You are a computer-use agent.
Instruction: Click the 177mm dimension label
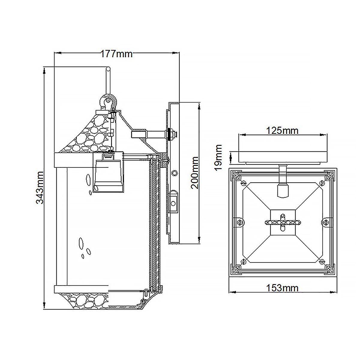pos(116,54)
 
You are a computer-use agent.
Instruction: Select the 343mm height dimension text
pos(40,187)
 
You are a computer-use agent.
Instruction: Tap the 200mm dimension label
pos(195,172)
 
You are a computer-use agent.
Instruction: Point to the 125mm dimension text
pos(282,130)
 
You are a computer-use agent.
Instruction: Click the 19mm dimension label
pos(219,157)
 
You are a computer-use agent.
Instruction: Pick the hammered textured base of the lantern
pos(87,300)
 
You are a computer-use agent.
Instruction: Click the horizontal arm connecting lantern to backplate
pos(148,134)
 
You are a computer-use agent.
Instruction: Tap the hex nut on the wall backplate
pos(172,134)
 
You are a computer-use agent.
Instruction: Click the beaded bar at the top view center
pos(282,222)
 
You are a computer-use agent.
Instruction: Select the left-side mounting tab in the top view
pos(239,222)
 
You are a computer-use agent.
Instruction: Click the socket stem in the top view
pos(282,183)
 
